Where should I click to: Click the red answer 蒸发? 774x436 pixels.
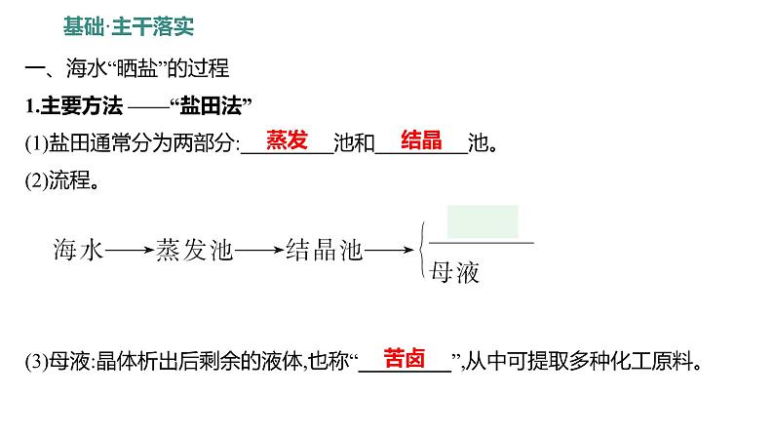(x=287, y=140)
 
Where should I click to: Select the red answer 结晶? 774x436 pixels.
(x=421, y=140)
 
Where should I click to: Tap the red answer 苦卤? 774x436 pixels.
(x=404, y=358)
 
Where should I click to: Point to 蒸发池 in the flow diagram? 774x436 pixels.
(x=195, y=251)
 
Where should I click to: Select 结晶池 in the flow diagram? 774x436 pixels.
(x=325, y=251)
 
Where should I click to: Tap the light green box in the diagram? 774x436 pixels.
(x=482, y=221)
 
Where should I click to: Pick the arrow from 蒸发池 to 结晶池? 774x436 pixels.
(x=259, y=252)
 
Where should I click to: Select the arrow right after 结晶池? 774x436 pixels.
(x=388, y=252)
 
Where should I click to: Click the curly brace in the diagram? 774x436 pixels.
(x=420, y=252)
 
